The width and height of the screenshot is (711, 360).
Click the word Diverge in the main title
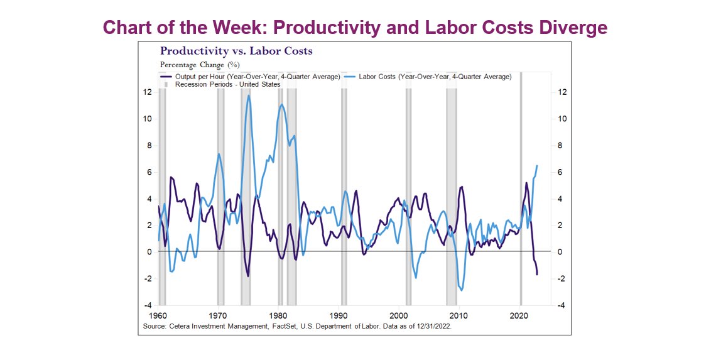(568, 28)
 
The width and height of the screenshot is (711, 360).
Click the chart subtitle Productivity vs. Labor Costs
(236, 51)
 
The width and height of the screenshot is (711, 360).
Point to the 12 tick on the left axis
(148, 92)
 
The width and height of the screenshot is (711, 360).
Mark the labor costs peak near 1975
(249, 95)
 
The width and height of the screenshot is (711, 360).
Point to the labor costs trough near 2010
(461, 290)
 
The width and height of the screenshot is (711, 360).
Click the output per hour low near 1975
(248, 276)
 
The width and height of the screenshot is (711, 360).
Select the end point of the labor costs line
(537, 166)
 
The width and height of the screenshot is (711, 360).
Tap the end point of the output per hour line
(537, 274)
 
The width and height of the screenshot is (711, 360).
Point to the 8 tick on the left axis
(149, 146)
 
